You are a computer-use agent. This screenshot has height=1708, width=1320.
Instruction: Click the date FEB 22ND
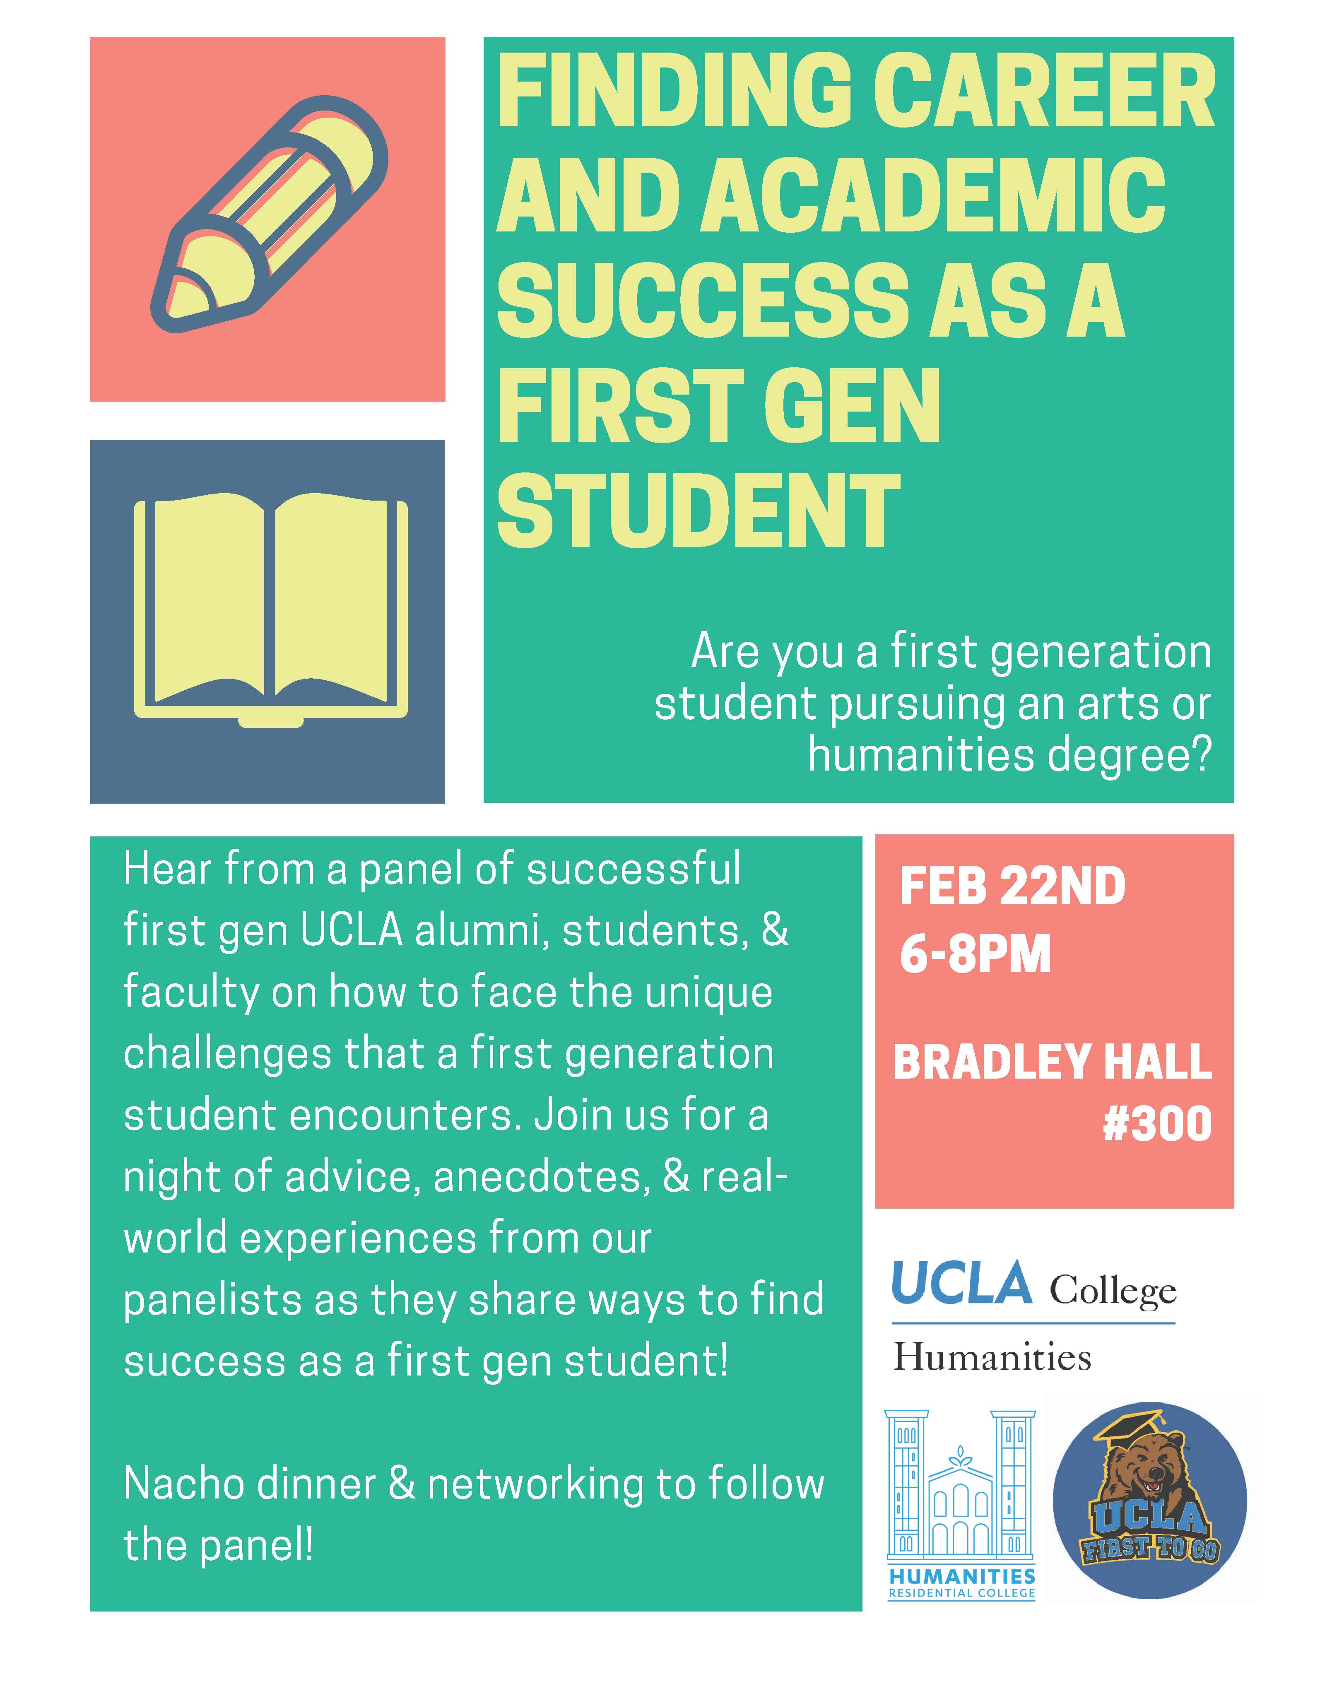pyautogui.click(x=1013, y=887)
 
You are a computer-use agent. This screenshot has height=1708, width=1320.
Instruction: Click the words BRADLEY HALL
pyautogui.click(x=1053, y=1061)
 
